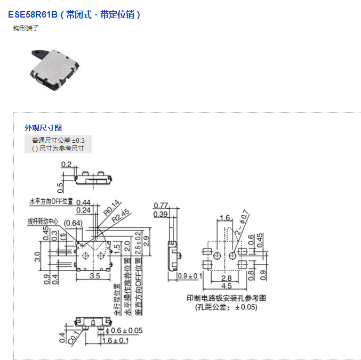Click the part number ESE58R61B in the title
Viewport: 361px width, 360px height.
pyautogui.click(x=33, y=14)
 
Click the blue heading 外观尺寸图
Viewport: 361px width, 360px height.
pyautogui.click(x=43, y=128)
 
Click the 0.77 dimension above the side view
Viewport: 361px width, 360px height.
pyautogui.click(x=161, y=206)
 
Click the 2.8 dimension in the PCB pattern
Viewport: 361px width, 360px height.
pyautogui.click(x=227, y=277)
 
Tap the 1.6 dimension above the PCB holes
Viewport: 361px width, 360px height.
pyautogui.click(x=224, y=218)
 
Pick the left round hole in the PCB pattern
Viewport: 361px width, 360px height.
pyautogui.click(x=216, y=257)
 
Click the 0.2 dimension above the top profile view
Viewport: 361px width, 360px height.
pyautogui.click(x=67, y=165)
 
